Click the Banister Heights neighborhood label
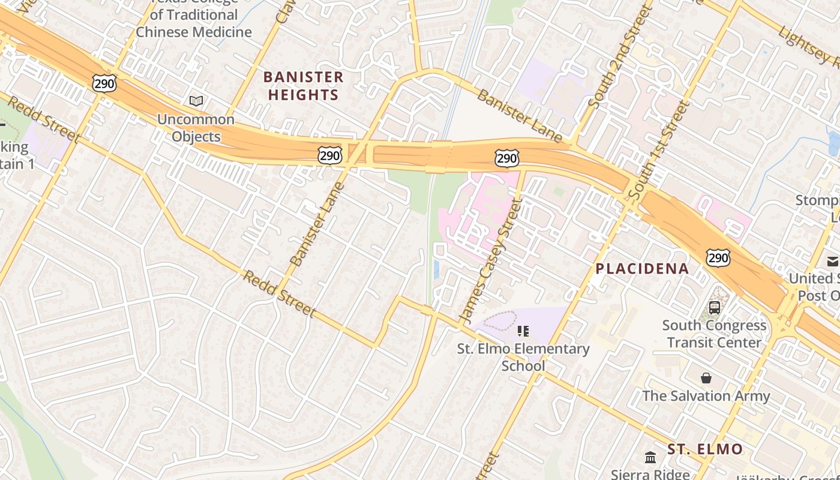(304, 86)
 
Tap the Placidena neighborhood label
(642, 269)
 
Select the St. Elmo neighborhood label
(705, 449)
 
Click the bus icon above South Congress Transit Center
(714, 308)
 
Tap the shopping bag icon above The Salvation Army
(706, 378)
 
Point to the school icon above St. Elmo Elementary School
(523, 331)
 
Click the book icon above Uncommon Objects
(196, 101)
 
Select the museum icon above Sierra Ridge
(650, 458)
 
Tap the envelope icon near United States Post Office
(832, 261)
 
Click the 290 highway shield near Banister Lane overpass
(330, 156)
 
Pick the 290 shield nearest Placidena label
(718, 258)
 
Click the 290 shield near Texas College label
(104, 83)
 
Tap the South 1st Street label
(658, 150)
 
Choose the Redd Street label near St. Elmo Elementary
(279, 293)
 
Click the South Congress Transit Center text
(714, 334)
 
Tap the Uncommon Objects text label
(196, 128)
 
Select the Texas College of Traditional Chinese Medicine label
(193, 23)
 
